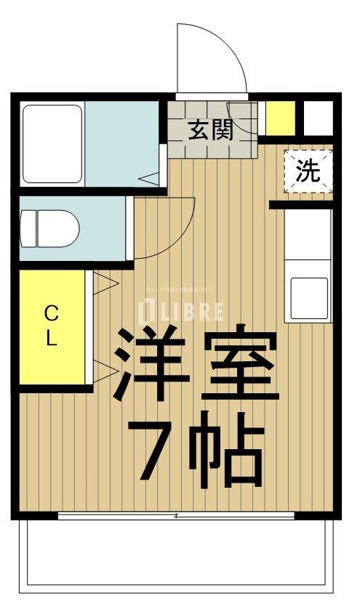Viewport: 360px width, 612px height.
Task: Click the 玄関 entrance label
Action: [211, 130]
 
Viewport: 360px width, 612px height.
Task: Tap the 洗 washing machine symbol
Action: [307, 171]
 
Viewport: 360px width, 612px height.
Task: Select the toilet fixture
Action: [49, 228]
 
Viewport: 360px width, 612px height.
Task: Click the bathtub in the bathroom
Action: [52, 143]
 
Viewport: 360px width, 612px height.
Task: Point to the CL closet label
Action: [52, 326]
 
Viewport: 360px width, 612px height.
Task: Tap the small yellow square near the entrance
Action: [280, 117]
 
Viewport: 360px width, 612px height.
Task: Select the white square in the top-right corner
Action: [318, 117]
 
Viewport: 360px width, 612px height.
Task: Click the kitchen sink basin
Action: [307, 297]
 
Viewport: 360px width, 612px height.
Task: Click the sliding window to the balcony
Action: [177, 516]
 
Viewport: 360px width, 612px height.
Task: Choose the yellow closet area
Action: [52, 327]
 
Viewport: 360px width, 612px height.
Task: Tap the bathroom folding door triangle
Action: [150, 177]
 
